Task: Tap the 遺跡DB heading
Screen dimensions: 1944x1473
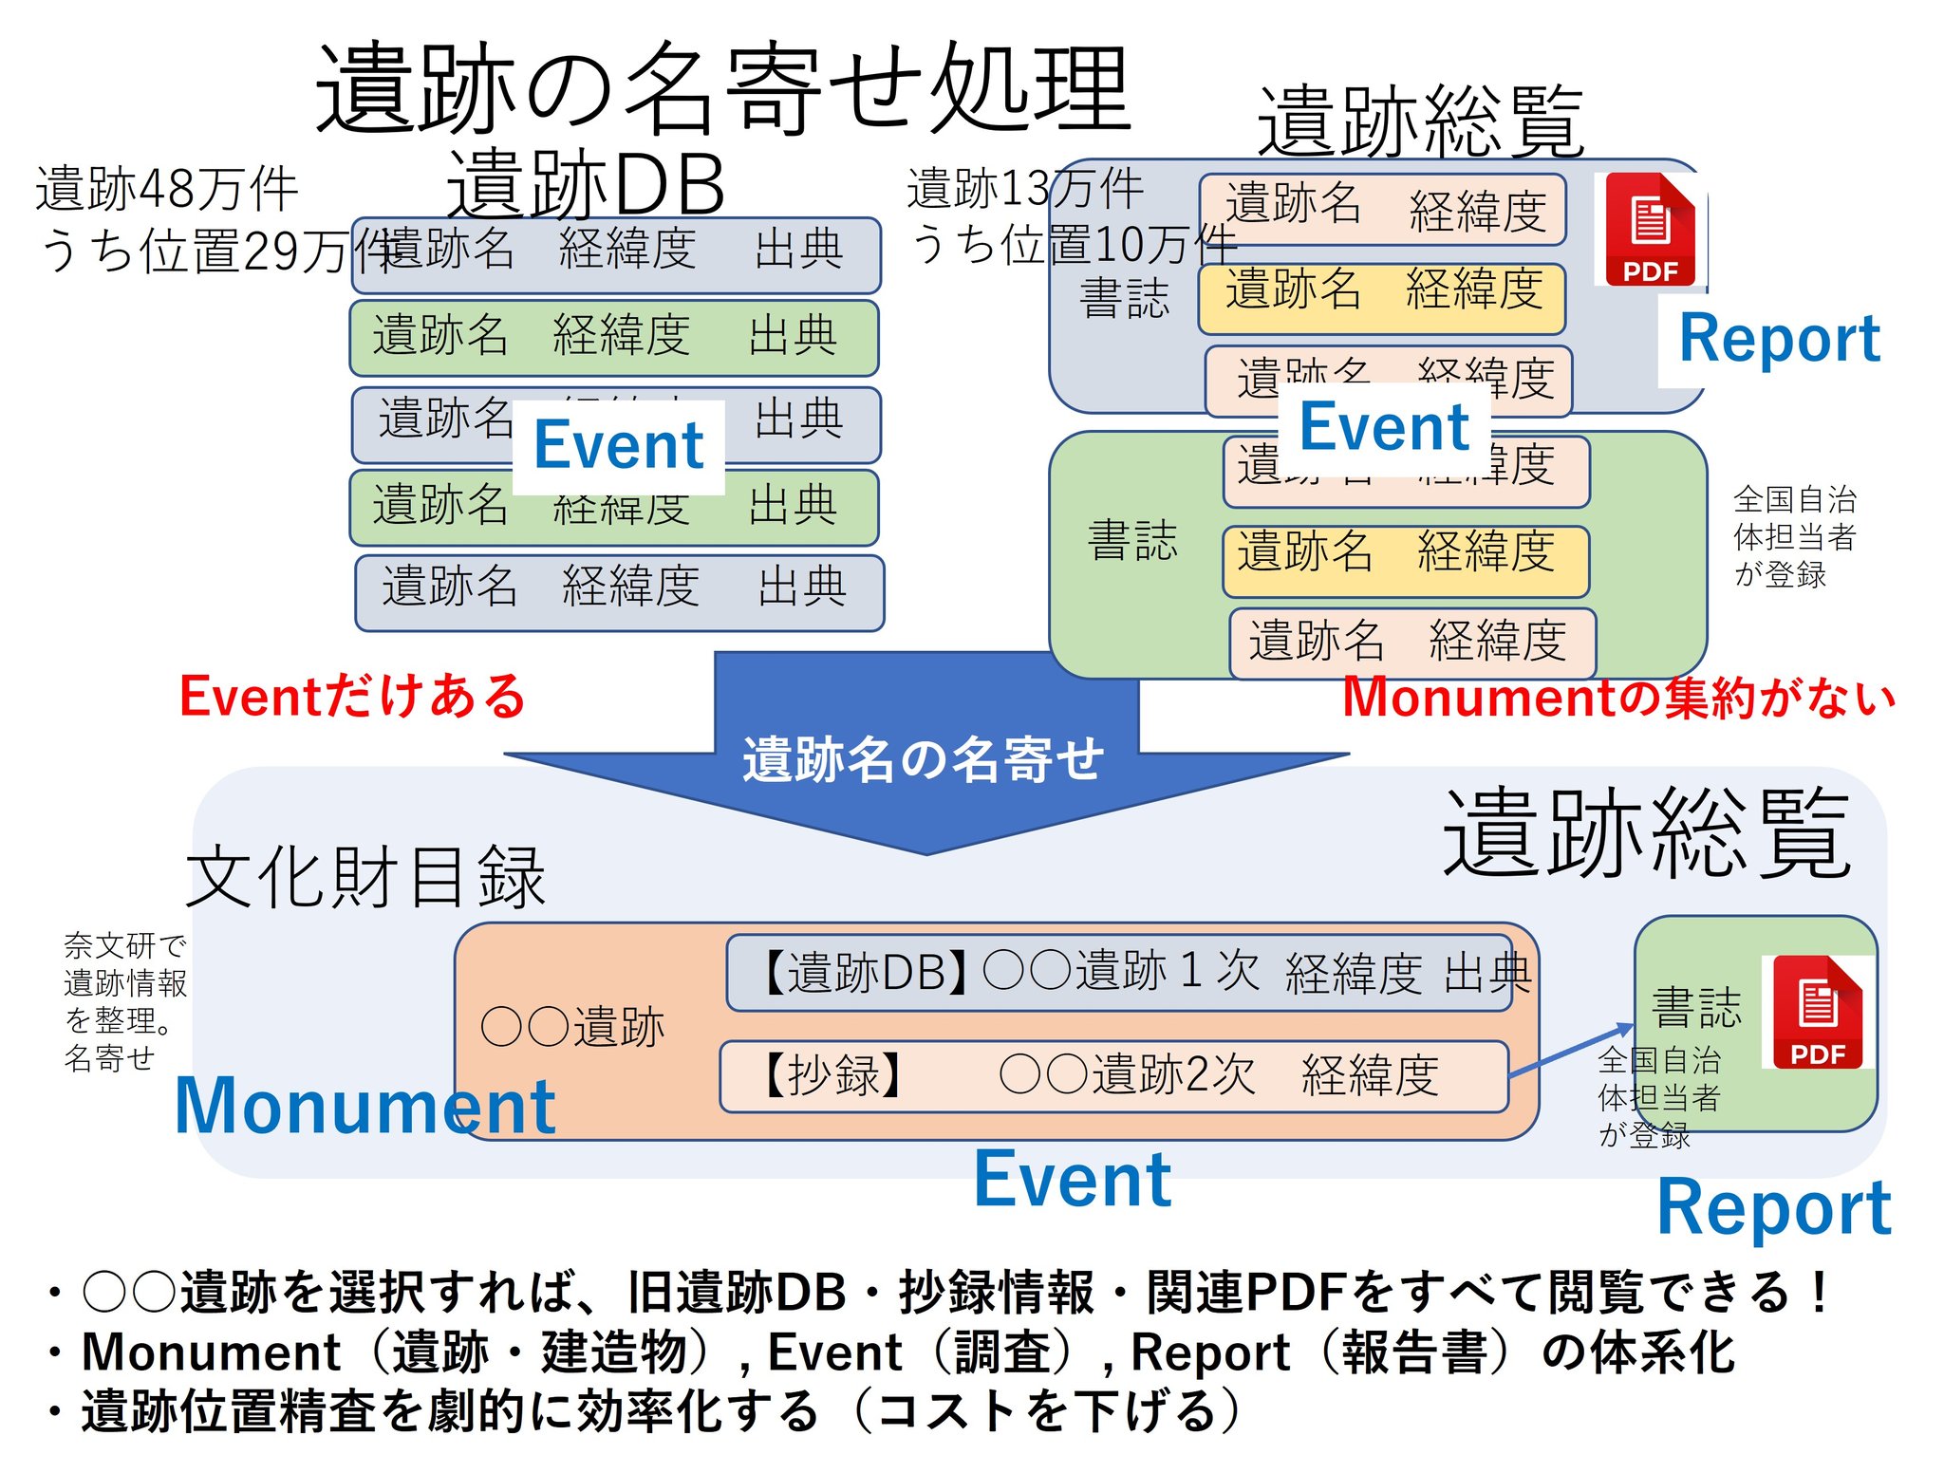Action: (x=586, y=184)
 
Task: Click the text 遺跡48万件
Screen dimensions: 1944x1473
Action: (x=167, y=189)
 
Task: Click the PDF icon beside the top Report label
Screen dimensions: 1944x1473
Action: (x=1650, y=230)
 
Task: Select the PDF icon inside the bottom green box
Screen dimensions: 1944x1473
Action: (x=1817, y=1013)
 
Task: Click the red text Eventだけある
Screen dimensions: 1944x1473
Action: (x=351, y=696)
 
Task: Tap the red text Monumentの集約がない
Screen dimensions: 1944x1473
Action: (x=1617, y=698)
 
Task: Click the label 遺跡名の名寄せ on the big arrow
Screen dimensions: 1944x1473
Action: (x=923, y=759)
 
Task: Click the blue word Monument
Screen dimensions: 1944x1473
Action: (x=365, y=1107)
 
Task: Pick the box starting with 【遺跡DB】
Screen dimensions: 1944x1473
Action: (x=1120, y=973)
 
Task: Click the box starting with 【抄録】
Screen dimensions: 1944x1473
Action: (x=1113, y=1076)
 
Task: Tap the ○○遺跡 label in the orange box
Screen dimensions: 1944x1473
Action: (x=572, y=1027)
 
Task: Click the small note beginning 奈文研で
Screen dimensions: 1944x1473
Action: (x=124, y=1000)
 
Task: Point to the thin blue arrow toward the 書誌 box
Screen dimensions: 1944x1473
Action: (x=1570, y=1050)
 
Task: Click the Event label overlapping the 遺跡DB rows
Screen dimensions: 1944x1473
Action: (x=618, y=445)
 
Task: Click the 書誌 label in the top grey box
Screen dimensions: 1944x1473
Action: (x=1124, y=298)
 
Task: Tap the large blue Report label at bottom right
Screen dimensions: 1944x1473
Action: (x=1773, y=1208)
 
